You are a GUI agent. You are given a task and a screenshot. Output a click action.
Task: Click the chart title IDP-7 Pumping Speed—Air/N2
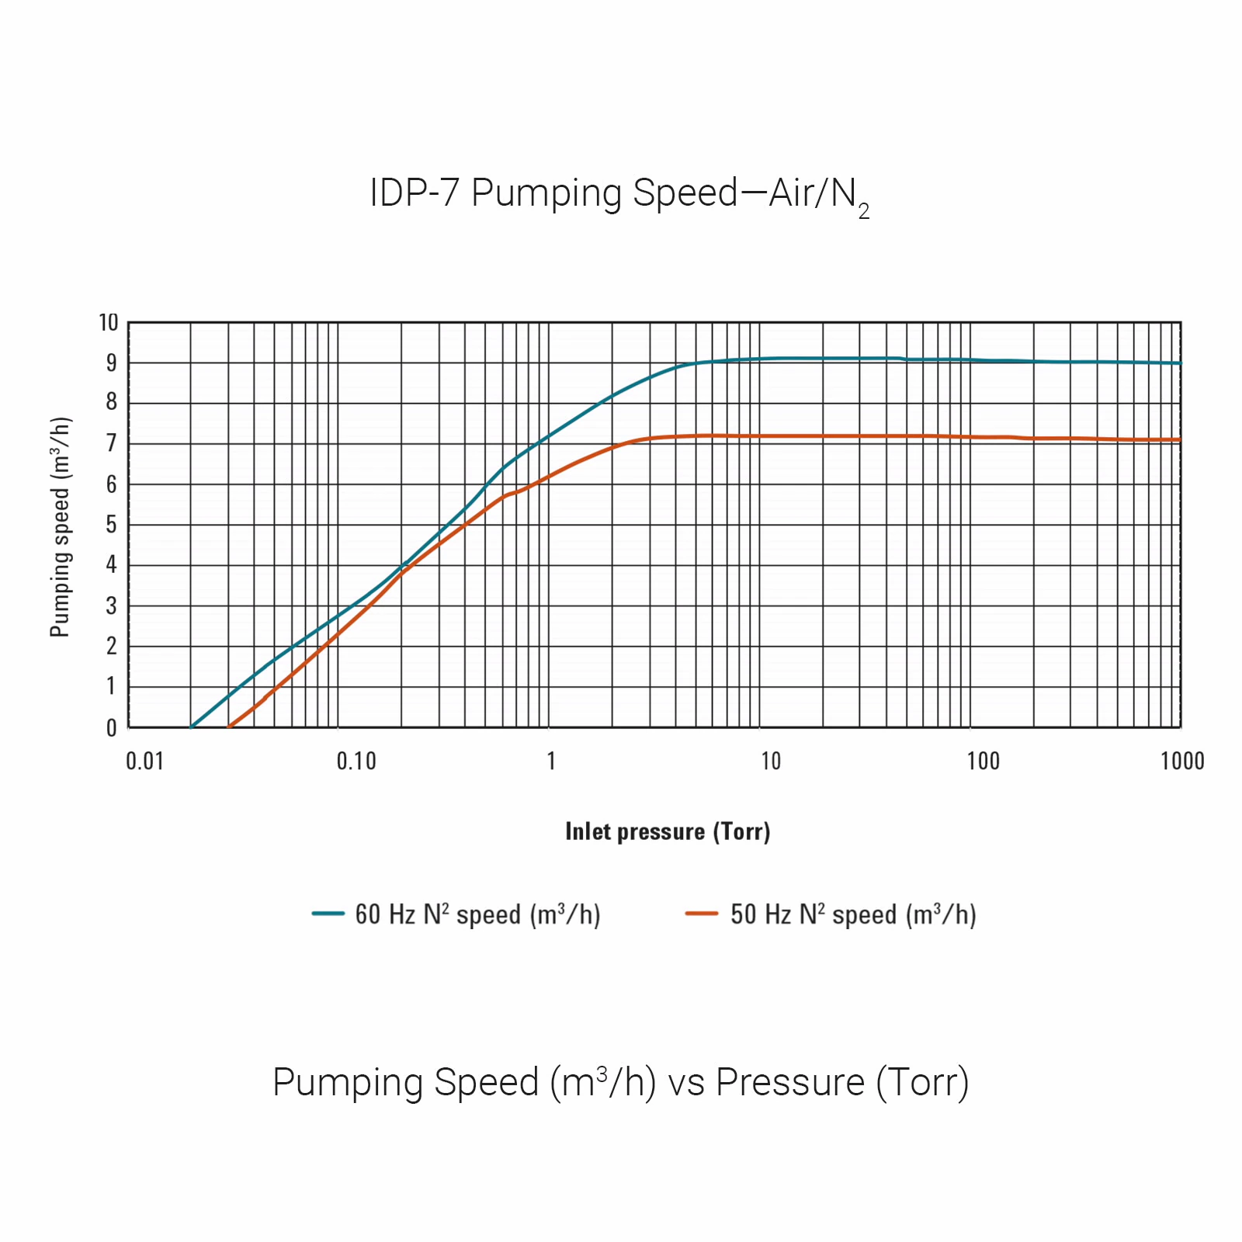619,194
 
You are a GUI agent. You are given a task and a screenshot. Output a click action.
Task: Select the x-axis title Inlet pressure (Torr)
668,831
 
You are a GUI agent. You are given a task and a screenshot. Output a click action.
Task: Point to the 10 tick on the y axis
109,322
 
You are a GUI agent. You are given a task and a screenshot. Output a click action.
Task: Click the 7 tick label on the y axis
112,443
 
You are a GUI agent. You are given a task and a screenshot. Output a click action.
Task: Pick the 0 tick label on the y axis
112,728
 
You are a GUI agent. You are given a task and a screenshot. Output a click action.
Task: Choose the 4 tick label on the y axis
112,564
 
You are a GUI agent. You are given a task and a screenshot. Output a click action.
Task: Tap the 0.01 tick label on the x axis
145,762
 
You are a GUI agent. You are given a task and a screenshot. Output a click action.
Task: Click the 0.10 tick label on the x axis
356,762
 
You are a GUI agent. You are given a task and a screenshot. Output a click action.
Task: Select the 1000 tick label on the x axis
1182,762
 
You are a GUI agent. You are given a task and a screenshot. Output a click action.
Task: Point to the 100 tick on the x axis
983,762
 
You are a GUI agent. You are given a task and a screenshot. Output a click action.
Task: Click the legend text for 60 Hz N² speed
477,914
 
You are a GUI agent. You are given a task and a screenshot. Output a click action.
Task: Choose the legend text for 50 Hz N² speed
853,914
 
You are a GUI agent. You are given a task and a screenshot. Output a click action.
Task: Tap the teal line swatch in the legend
328,914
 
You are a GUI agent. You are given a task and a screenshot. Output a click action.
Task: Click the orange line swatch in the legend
702,914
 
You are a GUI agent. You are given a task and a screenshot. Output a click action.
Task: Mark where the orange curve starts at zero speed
229,727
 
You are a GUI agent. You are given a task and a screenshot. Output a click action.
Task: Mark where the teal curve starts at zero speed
192,727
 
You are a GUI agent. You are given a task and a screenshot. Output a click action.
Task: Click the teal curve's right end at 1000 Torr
1180,363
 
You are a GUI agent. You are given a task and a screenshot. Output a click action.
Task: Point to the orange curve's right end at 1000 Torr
1180,439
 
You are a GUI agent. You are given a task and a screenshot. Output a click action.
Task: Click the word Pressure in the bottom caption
789,1082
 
